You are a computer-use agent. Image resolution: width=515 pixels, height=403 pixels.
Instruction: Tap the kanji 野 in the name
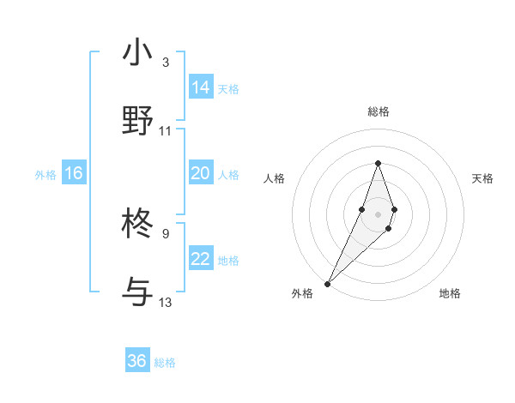pos(138,120)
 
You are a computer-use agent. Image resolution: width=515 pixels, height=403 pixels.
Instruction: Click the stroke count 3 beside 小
pos(165,63)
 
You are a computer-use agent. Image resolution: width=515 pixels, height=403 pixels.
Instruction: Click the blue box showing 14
pos(201,87)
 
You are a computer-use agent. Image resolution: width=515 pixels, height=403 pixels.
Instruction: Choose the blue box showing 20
pos(201,173)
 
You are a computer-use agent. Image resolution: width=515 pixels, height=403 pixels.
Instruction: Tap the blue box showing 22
pos(201,259)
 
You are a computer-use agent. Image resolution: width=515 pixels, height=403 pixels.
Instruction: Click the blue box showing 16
pos(74,173)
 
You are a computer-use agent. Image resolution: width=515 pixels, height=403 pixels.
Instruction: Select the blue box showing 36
pos(137,361)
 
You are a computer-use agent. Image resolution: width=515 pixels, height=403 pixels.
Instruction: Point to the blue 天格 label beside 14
pos(228,89)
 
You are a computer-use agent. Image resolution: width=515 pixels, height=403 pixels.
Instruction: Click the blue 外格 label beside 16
pos(45,175)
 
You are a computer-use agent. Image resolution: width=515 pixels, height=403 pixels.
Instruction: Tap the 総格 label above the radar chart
pos(378,111)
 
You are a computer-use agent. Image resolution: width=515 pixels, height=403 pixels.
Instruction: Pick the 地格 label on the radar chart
pos(450,293)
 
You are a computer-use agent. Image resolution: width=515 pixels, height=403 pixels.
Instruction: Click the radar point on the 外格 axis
pos(327,283)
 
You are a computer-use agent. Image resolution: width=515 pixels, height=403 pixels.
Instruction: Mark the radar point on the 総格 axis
pos(378,163)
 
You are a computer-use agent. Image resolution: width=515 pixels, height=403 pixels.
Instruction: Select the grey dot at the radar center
pos(378,213)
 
